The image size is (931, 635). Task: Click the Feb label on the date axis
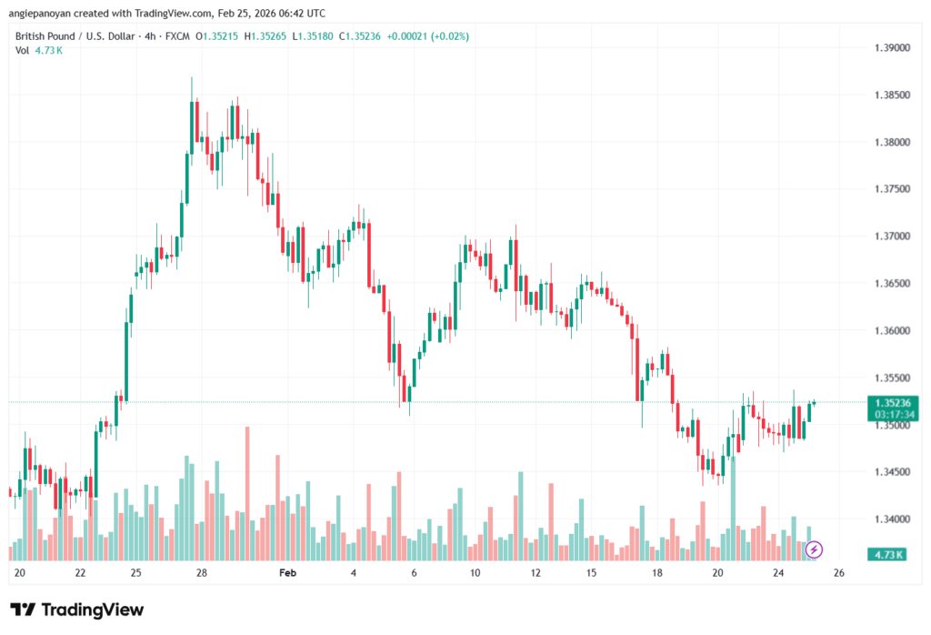coord(287,574)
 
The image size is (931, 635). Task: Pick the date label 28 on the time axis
coord(202,574)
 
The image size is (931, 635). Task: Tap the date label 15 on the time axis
coord(591,574)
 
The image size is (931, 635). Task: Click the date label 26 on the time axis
coord(839,574)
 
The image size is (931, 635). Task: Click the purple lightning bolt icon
coord(815,549)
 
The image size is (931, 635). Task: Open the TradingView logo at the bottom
coord(76,610)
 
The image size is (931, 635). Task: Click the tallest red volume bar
coord(246,491)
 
